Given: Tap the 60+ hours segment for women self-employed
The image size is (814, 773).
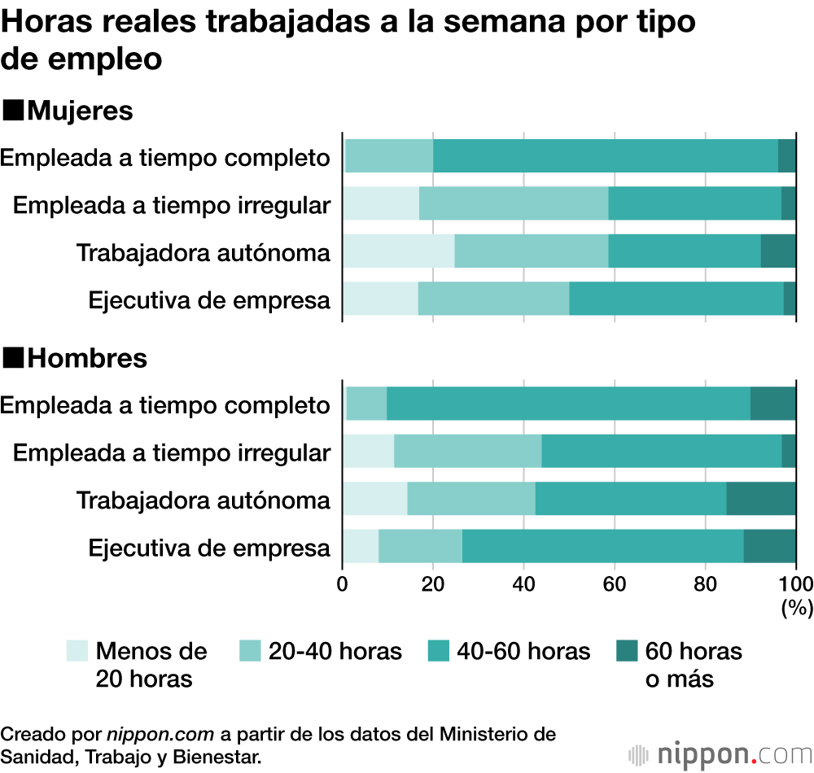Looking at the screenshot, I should click(778, 251).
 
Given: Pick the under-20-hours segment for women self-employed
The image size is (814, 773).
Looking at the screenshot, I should click(398, 251).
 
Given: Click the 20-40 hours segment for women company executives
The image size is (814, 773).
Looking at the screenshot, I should click(493, 299).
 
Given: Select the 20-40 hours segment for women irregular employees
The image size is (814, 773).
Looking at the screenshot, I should click(514, 203).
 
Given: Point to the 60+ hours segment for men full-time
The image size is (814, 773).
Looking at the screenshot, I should click(772, 404).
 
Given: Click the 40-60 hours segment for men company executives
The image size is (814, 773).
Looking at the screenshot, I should click(602, 546).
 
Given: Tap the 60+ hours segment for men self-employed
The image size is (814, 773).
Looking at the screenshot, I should click(760, 498).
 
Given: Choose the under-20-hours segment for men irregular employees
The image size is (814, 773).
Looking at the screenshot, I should click(368, 451).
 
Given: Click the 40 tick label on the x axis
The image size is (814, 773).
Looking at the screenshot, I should click(523, 583).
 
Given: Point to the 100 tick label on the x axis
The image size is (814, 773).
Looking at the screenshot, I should click(796, 583).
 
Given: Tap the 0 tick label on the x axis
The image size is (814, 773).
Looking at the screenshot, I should click(343, 583).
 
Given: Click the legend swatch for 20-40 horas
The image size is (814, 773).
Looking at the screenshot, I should click(251, 650).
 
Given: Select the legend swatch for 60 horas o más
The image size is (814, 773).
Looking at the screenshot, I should click(626, 650).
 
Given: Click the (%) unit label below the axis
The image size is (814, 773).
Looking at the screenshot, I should click(796, 607).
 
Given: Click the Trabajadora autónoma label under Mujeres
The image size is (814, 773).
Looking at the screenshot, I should click(203, 252).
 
